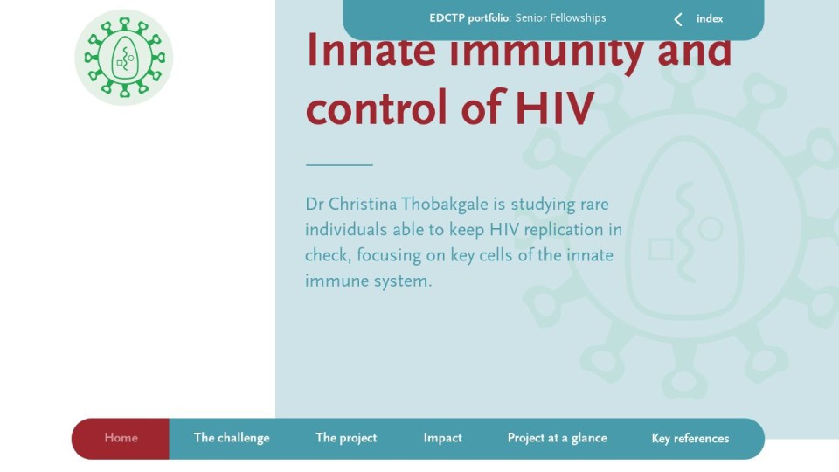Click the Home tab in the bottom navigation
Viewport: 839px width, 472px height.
click(x=121, y=438)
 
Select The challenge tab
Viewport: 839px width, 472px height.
click(x=232, y=438)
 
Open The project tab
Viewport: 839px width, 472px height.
click(x=346, y=438)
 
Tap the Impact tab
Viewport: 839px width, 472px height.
click(x=442, y=438)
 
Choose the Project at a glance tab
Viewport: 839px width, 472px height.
click(x=557, y=438)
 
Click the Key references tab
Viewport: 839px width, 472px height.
click(x=690, y=439)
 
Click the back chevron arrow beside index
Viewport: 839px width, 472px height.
click(x=678, y=19)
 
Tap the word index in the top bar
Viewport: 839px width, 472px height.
click(x=710, y=18)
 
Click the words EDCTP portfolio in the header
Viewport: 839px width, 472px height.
click(x=469, y=18)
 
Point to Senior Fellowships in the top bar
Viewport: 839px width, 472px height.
click(x=560, y=18)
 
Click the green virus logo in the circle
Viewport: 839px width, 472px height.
click(x=123, y=58)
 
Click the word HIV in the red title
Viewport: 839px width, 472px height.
click(x=554, y=108)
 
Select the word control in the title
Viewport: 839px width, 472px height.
click(x=376, y=108)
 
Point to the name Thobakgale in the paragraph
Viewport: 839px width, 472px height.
click(x=445, y=204)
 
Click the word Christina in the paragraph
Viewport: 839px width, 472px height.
click(x=362, y=204)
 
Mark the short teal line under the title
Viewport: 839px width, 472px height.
click(x=339, y=165)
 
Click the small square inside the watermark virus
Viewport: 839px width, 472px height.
click(x=661, y=249)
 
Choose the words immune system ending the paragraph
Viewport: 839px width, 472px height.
click(x=368, y=281)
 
